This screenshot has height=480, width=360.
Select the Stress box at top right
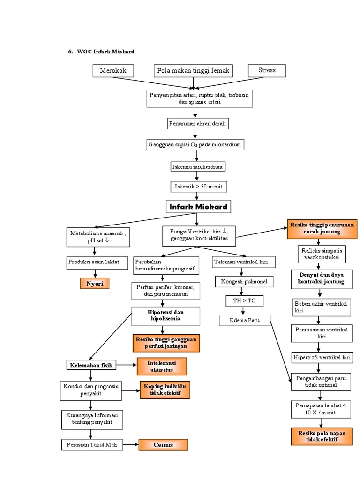(267, 71)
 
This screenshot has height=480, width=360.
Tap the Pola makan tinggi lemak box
(194, 71)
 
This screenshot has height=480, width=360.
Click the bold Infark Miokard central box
(198, 207)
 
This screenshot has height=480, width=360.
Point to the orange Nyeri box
(95, 283)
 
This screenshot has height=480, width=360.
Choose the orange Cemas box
(163, 445)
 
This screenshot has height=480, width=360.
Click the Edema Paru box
(245, 321)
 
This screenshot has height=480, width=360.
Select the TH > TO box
(244, 300)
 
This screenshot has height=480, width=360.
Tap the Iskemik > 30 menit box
(198, 187)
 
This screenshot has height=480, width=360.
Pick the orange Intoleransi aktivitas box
(162, 366)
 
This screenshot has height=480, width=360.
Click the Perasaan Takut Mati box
(92, 445)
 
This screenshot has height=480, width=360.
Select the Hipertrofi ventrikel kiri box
(322, 357)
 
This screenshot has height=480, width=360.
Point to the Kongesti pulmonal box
(244, 281)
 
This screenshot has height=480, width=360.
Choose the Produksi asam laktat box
(97, 263)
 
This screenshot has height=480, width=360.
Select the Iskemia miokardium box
(197, 166)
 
